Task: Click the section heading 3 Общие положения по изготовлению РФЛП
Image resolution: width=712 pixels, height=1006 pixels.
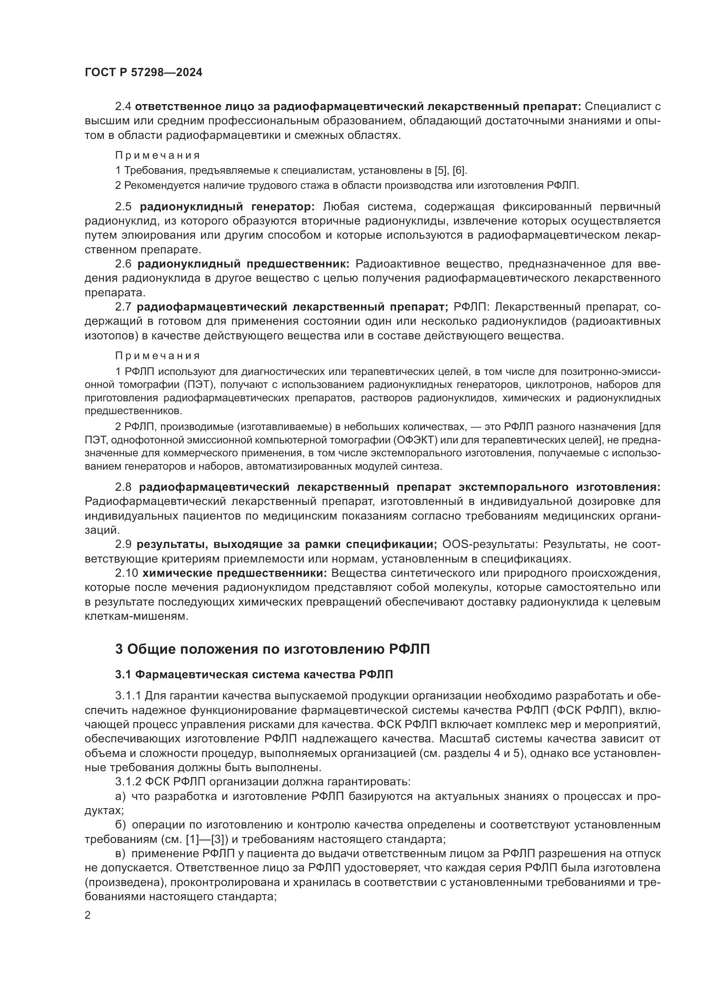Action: click(x=272, y=649)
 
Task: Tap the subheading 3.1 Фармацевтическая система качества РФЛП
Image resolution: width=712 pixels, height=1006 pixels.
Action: click(x=254, y=675)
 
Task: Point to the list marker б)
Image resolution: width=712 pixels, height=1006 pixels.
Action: click(x=121, y=825)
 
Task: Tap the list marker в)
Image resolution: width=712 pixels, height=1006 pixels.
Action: click(x=121, y=854)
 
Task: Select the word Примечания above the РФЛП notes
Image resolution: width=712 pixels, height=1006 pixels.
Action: click(x=158, y=356)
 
